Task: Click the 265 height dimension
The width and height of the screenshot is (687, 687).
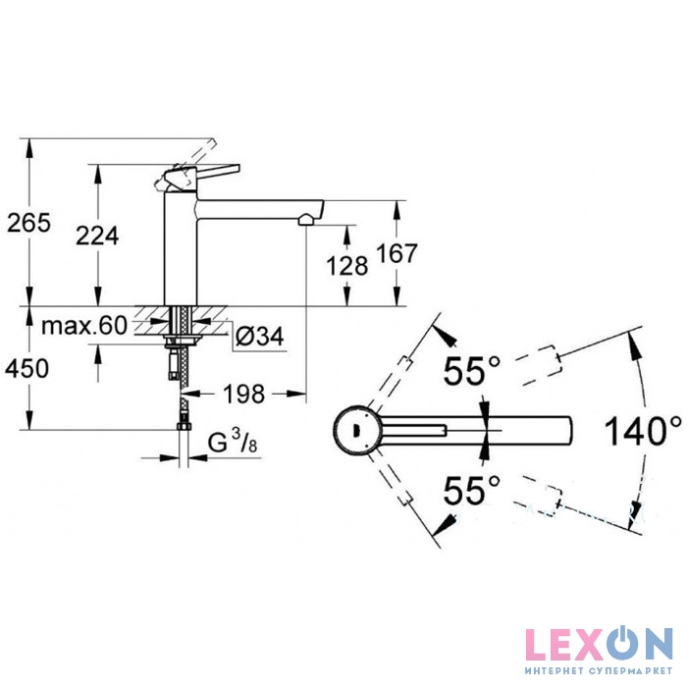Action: [x=28, y=223]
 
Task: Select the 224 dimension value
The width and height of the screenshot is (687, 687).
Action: [x=97, y=236]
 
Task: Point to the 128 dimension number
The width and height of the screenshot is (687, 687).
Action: [x=347, y=266]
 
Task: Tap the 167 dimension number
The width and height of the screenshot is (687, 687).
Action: [x=396, y=253]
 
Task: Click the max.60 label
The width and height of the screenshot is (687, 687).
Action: [x=84, y=325]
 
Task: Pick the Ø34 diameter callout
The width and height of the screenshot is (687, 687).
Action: [x=260, y=336]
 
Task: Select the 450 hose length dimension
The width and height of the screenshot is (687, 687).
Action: [x=26, y=368]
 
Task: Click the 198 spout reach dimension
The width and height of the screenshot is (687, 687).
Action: [x=244, y=394]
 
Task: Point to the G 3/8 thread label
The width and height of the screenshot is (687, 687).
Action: [x=233, y=442]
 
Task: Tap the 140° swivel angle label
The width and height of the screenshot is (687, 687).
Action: [x=643, y=431]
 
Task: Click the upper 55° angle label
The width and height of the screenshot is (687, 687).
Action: [x=471, y=370]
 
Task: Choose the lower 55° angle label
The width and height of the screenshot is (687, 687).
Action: [x=471, y=490]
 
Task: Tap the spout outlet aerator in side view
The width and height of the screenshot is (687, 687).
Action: [x=306, y=220]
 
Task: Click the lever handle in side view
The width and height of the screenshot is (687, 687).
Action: [x=202, y=175]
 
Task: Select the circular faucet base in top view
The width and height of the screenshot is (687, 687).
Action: [x=356, y=430]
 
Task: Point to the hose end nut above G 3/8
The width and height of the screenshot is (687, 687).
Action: [x=185, y=427]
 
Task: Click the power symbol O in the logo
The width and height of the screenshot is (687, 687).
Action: [x=621, y=644]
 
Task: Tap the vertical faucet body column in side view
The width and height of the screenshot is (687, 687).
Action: [x=181, y=247]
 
